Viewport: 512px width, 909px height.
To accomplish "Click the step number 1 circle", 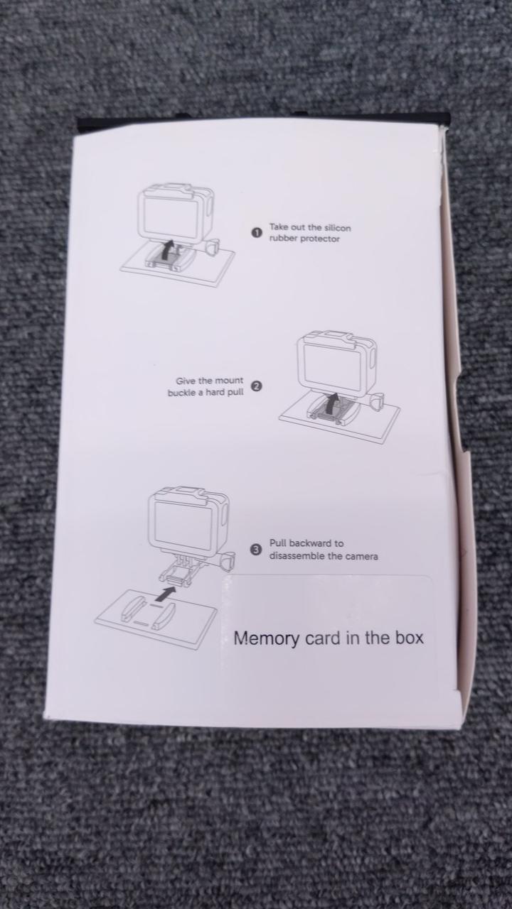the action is [256, 233].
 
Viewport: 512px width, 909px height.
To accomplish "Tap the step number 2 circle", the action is [256, 386].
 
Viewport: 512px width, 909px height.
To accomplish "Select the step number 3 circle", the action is [255, 550].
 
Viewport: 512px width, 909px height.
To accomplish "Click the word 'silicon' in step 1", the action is [337, 228].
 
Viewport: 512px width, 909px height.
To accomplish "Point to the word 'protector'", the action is [319, 239].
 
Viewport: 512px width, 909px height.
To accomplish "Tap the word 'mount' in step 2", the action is [229, 381].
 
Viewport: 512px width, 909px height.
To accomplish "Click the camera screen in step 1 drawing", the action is [171, 217].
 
